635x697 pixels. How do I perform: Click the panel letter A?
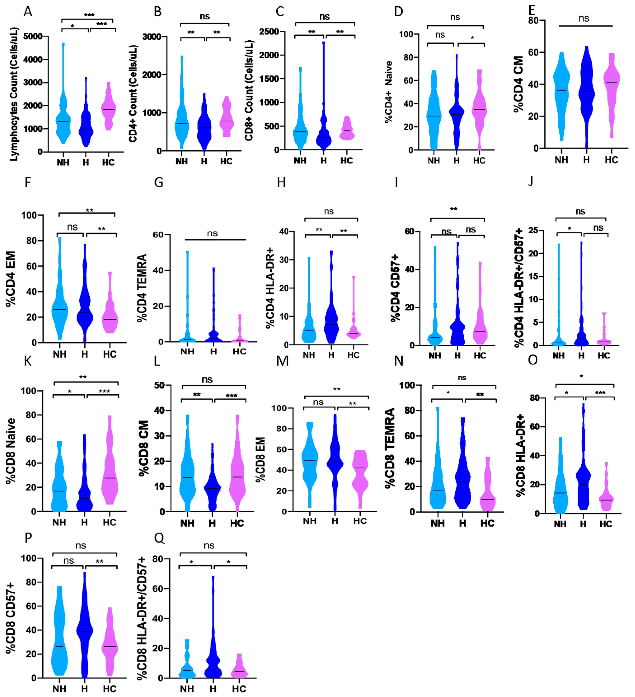click(28, 12)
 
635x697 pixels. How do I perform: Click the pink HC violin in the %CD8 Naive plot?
click(110, 477)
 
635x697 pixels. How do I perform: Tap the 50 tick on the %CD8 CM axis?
click(159, 385)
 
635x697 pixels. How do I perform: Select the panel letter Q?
click(159, 538)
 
